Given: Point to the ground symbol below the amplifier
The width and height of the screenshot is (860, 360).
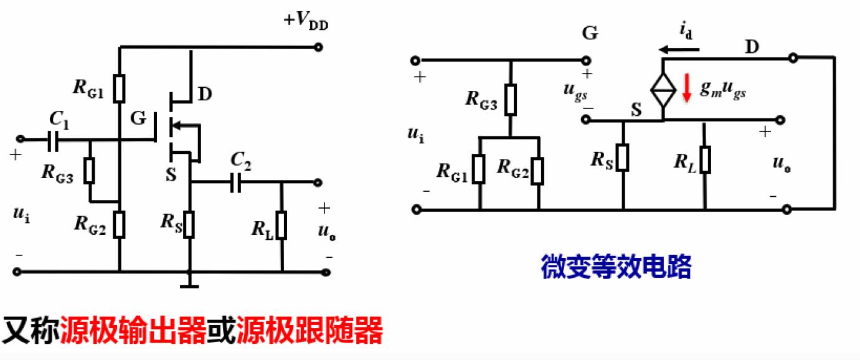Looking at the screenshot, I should pos(189,285).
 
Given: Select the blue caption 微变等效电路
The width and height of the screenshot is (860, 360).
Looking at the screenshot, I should pos(616,267).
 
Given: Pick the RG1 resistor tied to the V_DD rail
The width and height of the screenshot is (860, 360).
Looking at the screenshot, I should pos(120,87).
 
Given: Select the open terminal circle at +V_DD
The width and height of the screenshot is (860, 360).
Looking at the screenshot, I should pos(319,47).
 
